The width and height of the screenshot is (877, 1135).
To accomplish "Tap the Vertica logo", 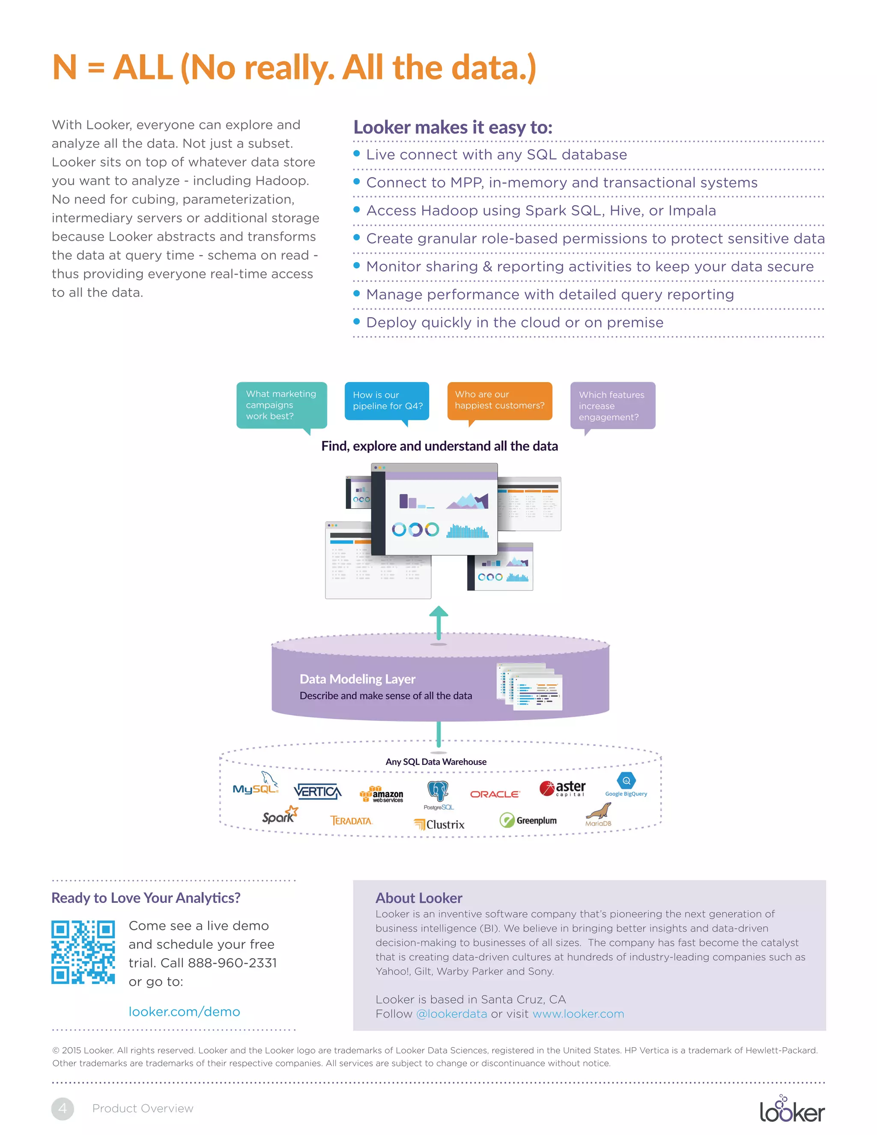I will point(317,792).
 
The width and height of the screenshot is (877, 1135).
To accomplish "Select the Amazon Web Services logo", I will point(382,794).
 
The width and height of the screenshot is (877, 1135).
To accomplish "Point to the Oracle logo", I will point(495,794).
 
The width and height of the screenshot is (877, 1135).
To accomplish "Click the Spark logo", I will point(280,815).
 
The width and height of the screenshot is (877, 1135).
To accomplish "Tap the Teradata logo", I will point(352,821).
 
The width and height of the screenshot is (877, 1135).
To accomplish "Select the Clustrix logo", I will point(439,824).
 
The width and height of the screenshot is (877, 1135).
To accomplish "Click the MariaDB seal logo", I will point(599,813).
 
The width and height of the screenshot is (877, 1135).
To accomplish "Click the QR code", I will point(83,952).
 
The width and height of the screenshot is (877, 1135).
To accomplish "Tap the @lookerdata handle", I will point(451,1014).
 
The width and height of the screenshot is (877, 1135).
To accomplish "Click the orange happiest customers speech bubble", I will point(499,401).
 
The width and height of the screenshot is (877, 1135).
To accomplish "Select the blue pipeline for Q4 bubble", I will point(387,401).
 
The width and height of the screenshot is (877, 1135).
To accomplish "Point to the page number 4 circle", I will point(63,1108).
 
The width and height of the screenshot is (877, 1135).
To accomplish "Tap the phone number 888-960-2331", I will point(232,963).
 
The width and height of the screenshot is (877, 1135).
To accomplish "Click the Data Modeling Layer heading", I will point(358,679).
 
